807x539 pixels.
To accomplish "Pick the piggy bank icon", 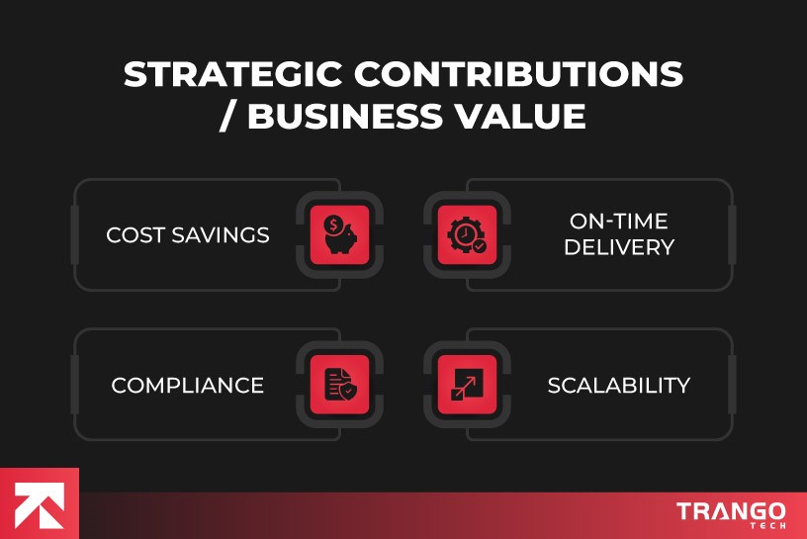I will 340,235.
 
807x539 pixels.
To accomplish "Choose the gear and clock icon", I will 467,235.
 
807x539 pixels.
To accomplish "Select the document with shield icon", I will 340,384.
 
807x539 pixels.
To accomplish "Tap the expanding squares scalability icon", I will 467,384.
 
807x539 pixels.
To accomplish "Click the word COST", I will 133,235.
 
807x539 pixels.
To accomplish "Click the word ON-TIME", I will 619,222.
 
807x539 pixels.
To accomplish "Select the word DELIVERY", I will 619,247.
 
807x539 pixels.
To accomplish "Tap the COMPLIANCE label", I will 188,385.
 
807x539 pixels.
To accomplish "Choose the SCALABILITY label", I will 619,385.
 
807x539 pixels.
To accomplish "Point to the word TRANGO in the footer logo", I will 732,511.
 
